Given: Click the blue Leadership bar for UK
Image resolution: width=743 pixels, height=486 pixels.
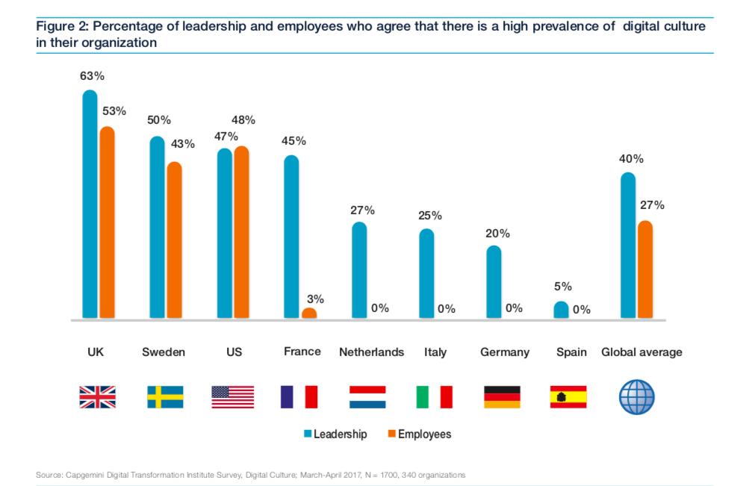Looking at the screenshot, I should point(90,205).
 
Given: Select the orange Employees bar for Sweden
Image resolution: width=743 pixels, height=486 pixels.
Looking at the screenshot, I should point(174,240).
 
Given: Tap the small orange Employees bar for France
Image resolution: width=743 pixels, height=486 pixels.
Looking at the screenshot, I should point(309,314).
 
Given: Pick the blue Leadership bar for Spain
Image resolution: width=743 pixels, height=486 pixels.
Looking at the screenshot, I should point(561,310).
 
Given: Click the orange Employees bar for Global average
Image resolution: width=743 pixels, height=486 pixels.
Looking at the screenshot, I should point(645,270).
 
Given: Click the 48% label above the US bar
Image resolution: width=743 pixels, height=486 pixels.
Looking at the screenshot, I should point(243,119).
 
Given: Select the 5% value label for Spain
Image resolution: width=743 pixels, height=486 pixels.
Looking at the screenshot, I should point(562,286).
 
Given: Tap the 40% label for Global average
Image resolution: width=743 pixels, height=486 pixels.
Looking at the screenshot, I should point(631,158).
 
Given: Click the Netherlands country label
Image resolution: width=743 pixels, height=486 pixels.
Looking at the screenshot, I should point(371,352).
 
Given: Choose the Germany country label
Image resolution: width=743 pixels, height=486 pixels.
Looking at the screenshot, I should point(504,352).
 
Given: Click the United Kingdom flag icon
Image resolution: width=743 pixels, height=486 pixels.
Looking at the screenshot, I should point(98,396).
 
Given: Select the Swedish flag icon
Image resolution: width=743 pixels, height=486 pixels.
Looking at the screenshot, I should point(165,396).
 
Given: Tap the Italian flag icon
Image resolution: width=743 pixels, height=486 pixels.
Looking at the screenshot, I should point(435,396).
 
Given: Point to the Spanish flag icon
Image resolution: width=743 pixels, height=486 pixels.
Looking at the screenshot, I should point(568,396).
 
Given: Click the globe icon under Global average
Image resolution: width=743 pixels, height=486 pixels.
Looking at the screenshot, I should point(636,396).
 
